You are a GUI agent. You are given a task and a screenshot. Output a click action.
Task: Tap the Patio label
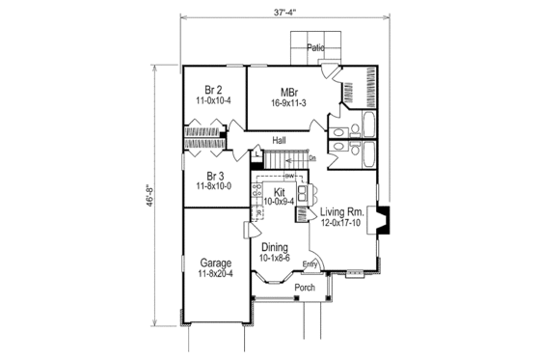click(315, 47)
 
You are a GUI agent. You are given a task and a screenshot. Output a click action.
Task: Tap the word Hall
click(279, 140)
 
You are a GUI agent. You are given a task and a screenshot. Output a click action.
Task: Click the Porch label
click(305, 287)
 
